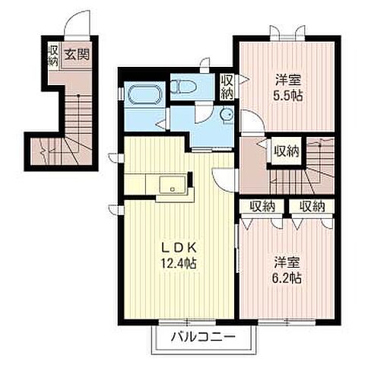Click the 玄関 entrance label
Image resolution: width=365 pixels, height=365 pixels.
click(x=74, y=55)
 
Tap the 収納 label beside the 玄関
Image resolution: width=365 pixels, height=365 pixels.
click(x=53, y=55)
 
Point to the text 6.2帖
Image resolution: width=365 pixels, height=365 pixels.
click(x=287, y=279)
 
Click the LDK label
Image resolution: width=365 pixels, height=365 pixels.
click(x=179, y=248)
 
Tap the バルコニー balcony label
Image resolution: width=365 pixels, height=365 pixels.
click(x=202, y=335)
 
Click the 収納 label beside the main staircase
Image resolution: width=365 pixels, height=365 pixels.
click(x=286, y=150)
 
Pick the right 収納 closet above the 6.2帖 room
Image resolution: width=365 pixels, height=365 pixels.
click(x=312, y=205)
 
